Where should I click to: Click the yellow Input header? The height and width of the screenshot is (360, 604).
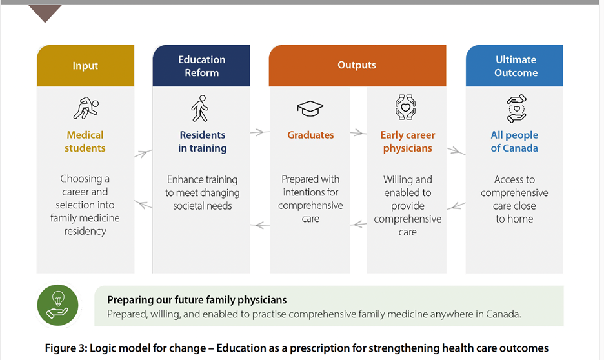(86, 65)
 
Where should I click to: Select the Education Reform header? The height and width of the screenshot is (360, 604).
(201, 65)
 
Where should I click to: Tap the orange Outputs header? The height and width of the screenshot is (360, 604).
(357, 65)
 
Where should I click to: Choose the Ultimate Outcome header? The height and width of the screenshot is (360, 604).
(515, 65)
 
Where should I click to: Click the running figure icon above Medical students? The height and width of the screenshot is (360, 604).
(86, 108)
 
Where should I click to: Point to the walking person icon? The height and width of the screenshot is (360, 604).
(200, 108)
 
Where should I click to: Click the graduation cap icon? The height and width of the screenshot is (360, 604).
(310, 108)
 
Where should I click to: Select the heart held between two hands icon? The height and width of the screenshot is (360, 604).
(406, 107)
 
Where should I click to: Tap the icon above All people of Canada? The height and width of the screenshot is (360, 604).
(516, 108)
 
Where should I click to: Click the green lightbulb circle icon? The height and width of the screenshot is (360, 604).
(58, 305)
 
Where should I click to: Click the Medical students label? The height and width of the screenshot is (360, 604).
(85, 141)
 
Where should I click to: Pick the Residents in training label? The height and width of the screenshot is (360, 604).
(202, 141)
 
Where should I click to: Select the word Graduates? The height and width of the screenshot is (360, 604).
(310, 135)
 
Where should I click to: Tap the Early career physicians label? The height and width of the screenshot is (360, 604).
(408, 141)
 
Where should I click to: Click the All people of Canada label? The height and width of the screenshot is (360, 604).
(514, 141)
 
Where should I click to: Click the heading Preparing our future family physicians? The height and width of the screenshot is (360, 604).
(197, 300)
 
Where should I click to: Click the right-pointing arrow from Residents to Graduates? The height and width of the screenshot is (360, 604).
(260, 132)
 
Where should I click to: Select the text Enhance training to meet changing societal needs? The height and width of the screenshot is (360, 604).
(202, 192)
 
